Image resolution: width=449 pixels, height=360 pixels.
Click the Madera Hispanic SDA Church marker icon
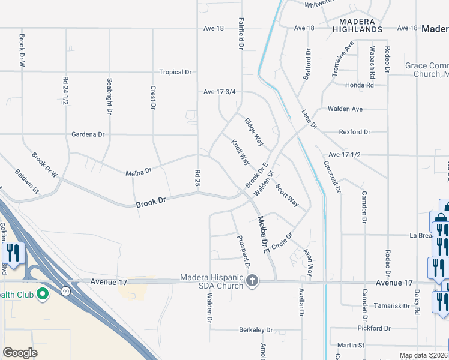(253, 280)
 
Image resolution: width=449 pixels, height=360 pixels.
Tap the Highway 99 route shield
(64, 291)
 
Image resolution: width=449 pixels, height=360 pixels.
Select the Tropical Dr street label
(175, 72)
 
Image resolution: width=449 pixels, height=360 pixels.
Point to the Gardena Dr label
(88, 134)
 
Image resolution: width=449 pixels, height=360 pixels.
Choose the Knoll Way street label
(240, 152)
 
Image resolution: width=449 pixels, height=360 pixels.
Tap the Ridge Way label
(253, 131)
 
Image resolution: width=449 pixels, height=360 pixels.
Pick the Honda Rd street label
(359, 85)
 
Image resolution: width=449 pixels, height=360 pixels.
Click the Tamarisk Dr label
(391, 305)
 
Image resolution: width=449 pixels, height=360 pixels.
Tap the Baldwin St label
(27, 182)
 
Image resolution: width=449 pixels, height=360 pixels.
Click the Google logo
(20, 353)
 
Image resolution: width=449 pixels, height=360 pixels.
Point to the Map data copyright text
(423, 356)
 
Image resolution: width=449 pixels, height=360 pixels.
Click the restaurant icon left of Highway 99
(13, 253)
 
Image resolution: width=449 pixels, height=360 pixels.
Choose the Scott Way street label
(287, 195)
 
